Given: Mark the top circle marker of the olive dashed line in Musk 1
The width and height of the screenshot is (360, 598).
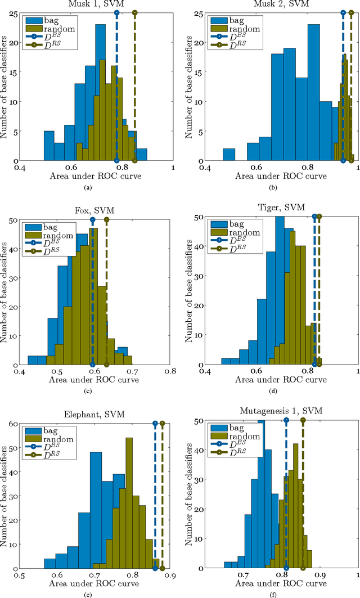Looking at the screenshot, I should tap(134, 12).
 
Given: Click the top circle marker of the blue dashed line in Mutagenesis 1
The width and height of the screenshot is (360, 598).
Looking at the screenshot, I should tap(286, 420).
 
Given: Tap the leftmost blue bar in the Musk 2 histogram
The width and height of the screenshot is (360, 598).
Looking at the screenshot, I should tap(229, 155).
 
